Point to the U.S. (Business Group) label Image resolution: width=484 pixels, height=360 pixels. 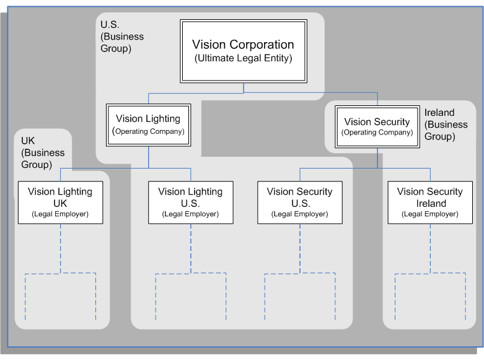click(121, 37)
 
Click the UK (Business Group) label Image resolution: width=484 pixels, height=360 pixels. click(43, 152)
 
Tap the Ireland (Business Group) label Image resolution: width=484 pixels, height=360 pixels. click(446, 125)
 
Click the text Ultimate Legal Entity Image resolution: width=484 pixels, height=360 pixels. click(243, 58)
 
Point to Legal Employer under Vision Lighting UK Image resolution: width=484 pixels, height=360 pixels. click(60, 214)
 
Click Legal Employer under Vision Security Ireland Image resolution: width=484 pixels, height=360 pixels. click(430, 214)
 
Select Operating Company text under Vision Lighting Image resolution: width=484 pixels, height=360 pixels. click(149, 131)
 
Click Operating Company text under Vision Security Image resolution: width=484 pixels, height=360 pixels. click(377, 133)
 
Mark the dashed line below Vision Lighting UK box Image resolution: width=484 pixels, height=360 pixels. click(60, 248)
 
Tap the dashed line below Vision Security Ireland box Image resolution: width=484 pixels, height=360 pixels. click(430, 248)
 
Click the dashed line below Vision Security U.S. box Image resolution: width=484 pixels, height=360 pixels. click(299, 248)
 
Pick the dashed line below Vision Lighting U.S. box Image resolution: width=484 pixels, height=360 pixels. click(190, 248)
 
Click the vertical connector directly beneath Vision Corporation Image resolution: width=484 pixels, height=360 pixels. click(244, 87)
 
